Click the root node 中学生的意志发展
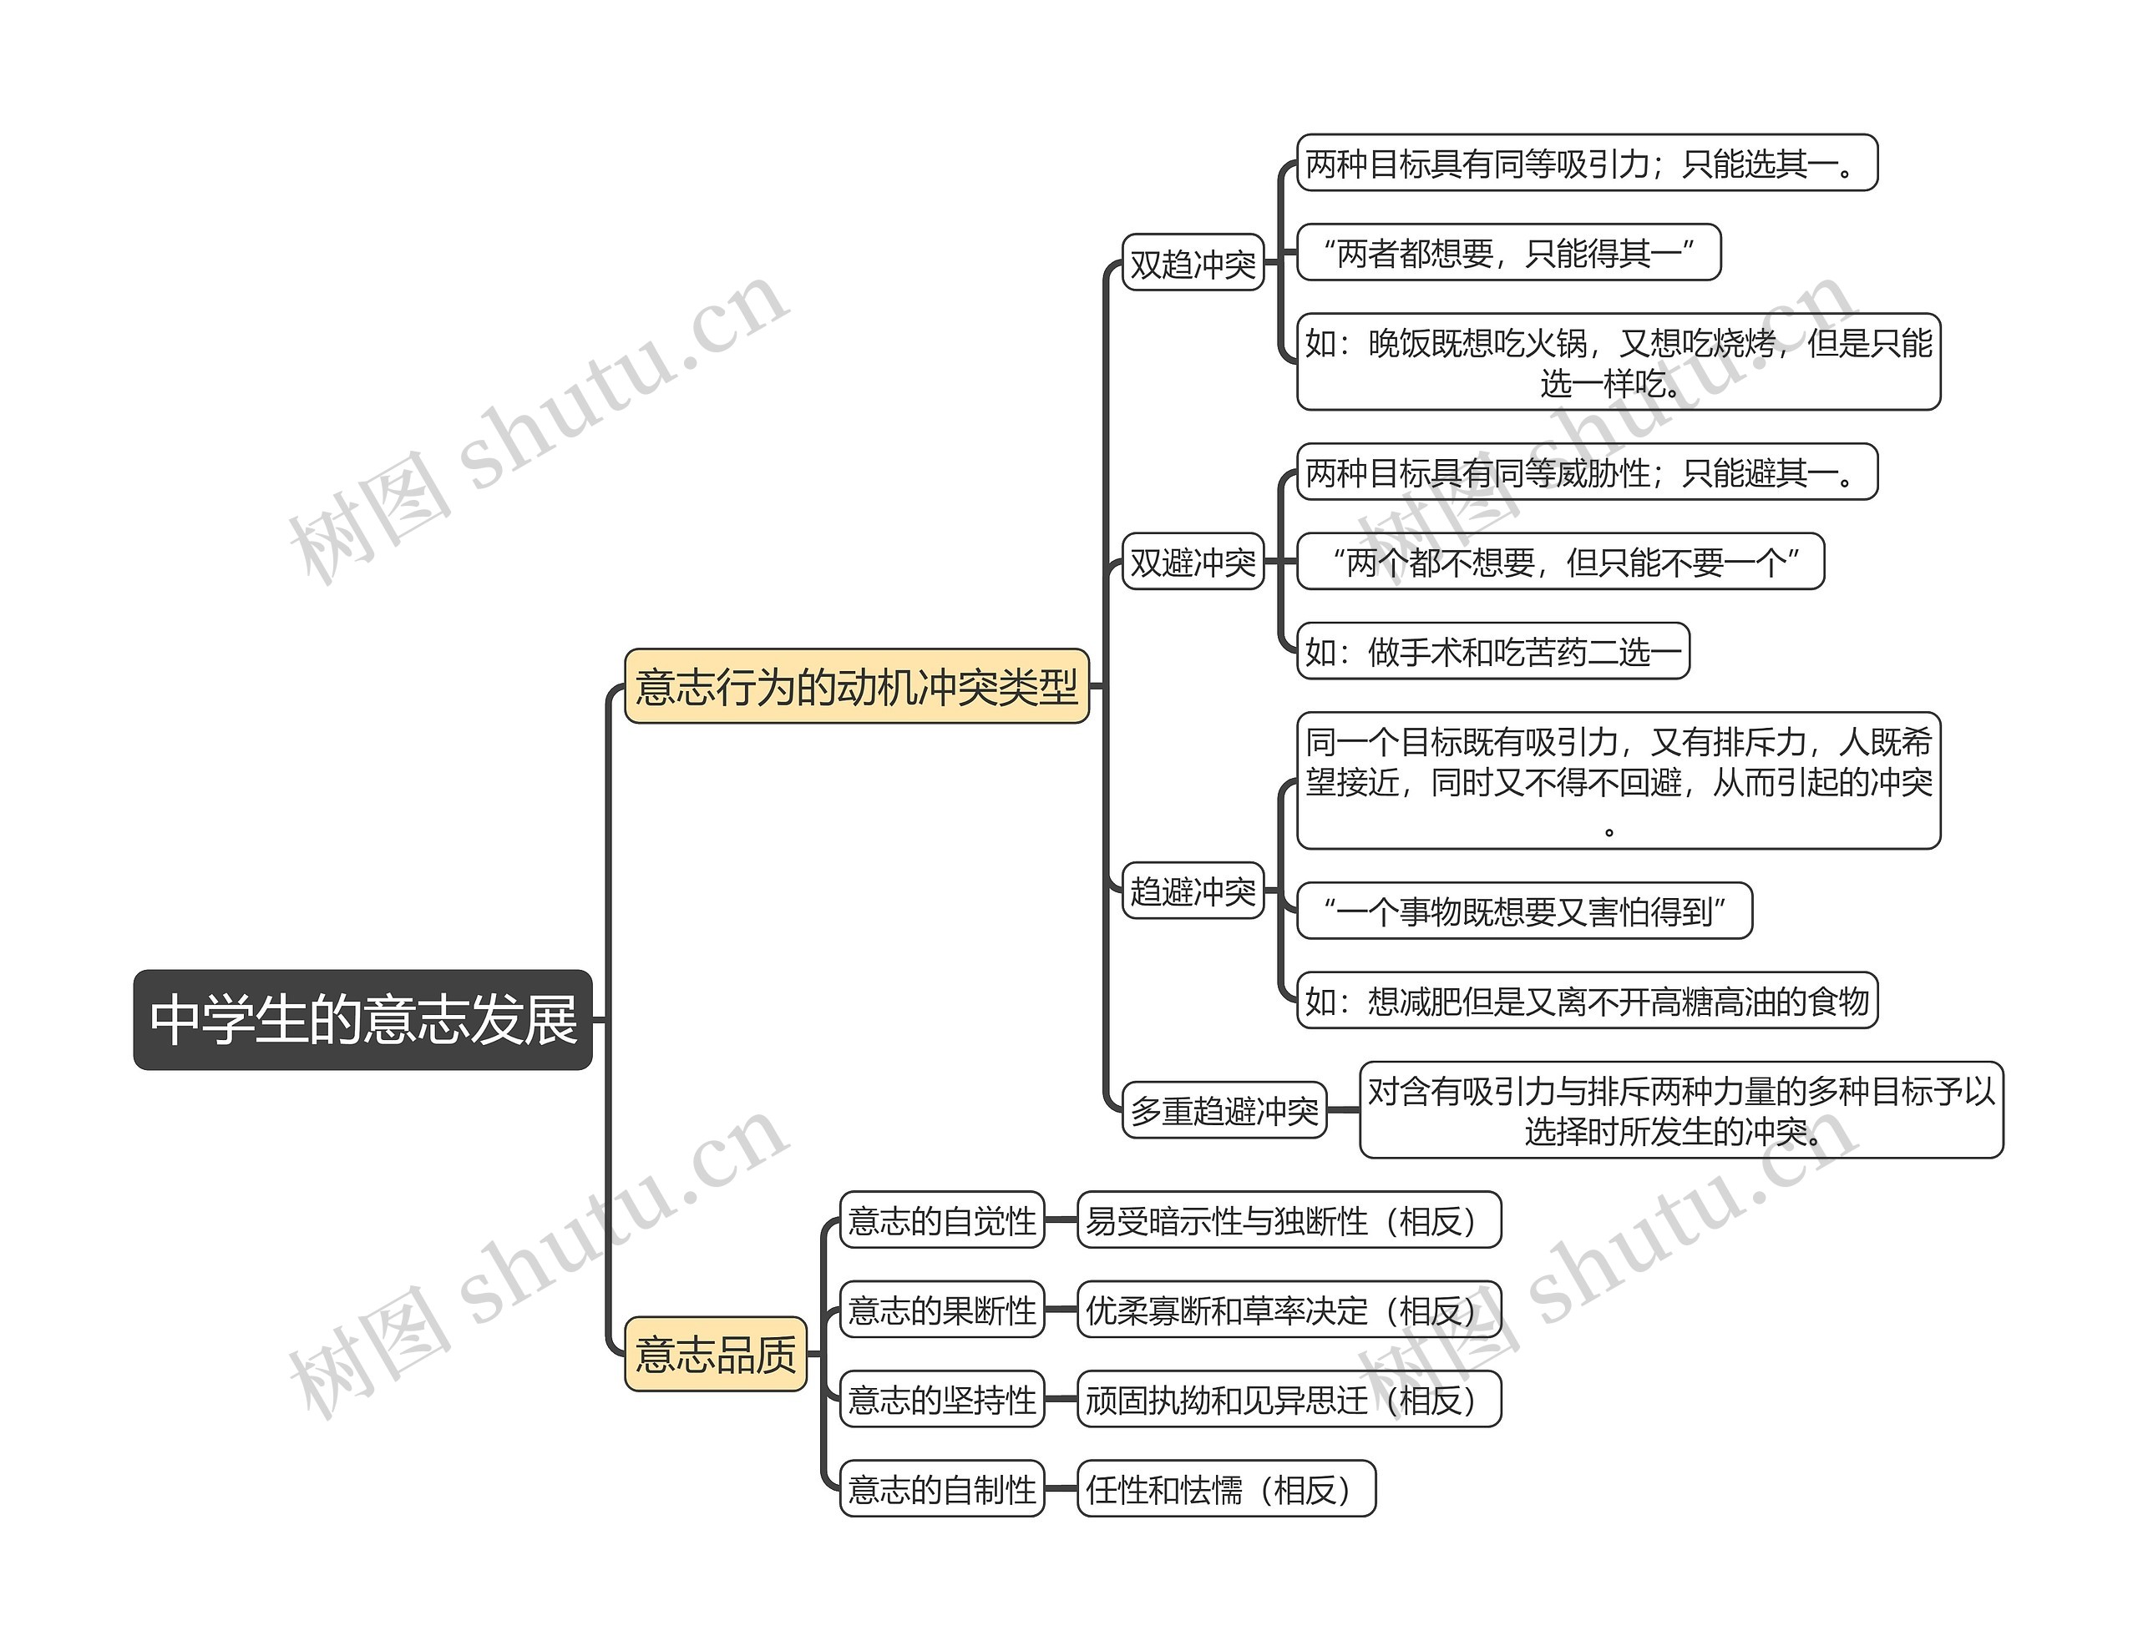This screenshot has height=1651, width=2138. coord(362,1019)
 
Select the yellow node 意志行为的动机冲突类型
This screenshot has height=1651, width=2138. coord(857,686)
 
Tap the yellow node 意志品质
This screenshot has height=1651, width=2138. coord(716,1355)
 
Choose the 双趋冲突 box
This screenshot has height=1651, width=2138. coord(1193,263)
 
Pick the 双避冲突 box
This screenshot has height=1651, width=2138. coord(1193,562)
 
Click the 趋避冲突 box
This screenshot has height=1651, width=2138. coord(1193,891)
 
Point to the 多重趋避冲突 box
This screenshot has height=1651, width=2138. coord(1224,1110)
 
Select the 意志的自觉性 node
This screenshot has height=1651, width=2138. coord(942,1220)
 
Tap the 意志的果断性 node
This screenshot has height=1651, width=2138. coord(942,1310)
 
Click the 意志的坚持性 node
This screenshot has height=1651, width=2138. coord(942,1400)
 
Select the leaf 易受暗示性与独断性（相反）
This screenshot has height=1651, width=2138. coord(1289,1220)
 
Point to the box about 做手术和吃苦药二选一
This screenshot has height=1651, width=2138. coord(1493,651)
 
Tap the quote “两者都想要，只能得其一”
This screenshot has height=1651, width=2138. coord(1508,253)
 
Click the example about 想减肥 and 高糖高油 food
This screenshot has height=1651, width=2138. coord(1587,1000)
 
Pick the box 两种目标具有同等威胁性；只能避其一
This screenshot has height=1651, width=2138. coord(1587,472)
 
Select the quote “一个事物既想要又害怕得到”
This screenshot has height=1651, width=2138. coord(1524,911)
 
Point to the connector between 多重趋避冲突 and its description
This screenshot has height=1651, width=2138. coord(1343,1110)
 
